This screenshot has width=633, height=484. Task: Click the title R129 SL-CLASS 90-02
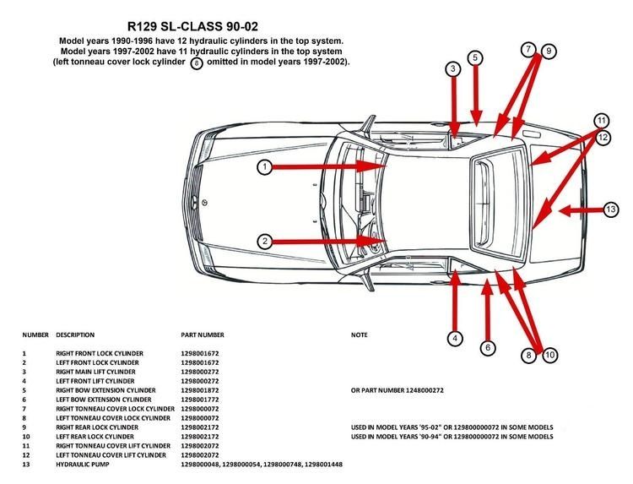point(192,27)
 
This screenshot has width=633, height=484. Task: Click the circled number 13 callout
point(611,209)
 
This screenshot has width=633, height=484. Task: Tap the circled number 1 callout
point(265,166)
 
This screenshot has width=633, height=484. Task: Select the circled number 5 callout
point(475,57)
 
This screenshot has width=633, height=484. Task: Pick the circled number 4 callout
point(456,338)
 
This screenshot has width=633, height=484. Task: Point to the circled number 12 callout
point(603,138)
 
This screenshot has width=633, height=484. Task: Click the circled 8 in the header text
point(197,63)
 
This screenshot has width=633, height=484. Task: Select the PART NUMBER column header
point(203,335)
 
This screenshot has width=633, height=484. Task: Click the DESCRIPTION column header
point(75,335)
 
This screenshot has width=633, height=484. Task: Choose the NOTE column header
point(360,335)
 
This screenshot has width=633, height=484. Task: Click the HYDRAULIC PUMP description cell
point(83,465)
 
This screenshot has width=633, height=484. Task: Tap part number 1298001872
point(200,390)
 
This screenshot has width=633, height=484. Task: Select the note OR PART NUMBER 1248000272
point(398,390)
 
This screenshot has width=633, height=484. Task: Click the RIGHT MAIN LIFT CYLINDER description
point(95,372)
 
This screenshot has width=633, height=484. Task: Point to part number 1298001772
point(200,400)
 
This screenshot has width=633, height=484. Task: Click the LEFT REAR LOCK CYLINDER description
point(95,437)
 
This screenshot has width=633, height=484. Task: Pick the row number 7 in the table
point(24,409)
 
